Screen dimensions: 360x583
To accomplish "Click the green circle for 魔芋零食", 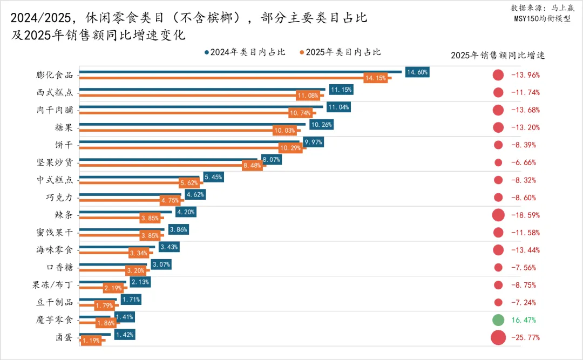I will coord(498,320).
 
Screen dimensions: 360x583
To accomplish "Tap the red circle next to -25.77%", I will coord(498,338).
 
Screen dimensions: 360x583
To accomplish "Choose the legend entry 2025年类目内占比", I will coord(341,52).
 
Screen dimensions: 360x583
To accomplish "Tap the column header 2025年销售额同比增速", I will coord(497,55).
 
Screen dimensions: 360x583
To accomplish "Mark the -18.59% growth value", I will coord(525,215).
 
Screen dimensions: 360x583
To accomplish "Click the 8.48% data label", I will coord(253,166).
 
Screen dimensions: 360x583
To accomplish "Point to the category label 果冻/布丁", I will coord(55,285).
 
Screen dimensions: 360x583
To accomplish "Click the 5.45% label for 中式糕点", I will coord(213,177).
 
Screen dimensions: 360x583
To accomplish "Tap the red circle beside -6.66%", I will coord(498,162).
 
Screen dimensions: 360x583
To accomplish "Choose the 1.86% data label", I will coord(106,323).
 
